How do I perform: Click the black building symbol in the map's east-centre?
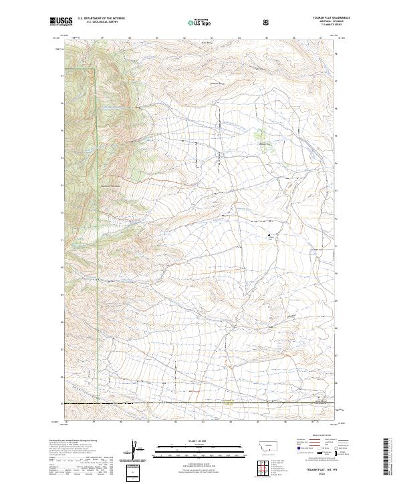[x=271, y=235]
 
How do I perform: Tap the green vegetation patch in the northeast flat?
[x=263, y=138]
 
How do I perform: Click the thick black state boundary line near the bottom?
[x=200, y=403]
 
